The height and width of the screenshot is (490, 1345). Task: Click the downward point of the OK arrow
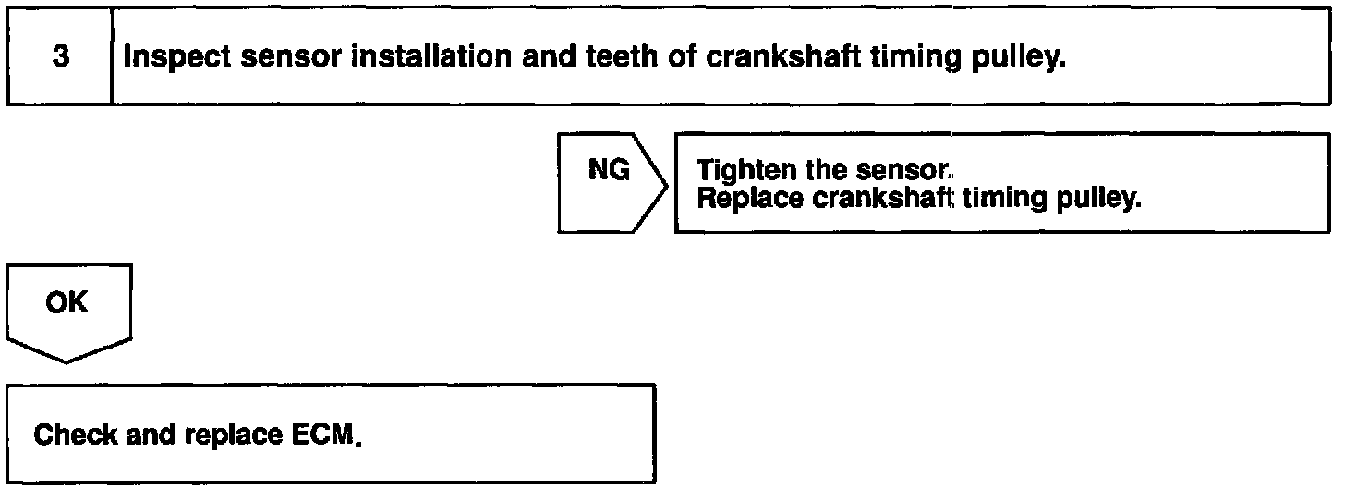[x=67, y=361]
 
